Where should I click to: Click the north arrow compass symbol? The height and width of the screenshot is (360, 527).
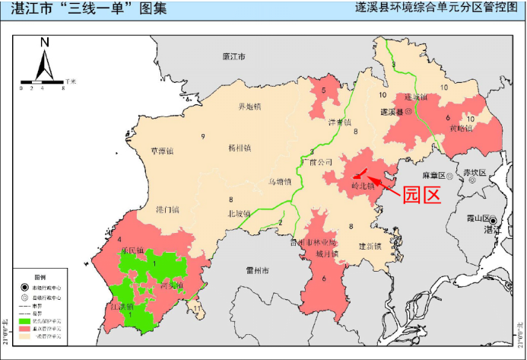click(x=44, y=58)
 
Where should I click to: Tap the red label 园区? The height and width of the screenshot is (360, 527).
click(x=422, y=195)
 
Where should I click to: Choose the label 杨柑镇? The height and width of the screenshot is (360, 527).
click(x=240, y=148)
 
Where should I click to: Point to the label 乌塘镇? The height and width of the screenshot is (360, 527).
click(x=280, y=181)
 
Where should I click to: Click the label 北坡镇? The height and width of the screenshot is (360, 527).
click(x=239, y=214)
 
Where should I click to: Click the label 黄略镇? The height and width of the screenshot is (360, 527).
click(x=461, y=128)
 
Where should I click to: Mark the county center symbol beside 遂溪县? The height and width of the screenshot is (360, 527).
click(x=408, y=111)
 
